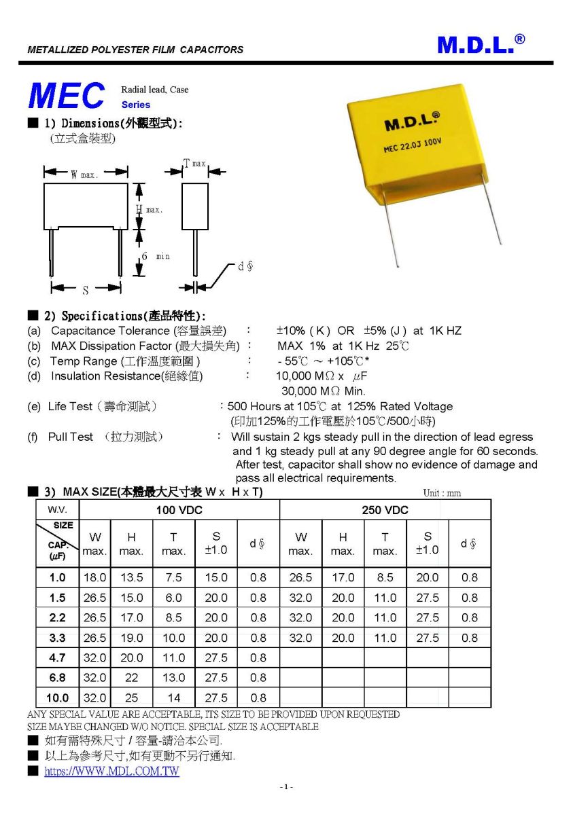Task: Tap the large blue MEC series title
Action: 67,96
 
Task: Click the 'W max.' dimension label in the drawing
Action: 84,175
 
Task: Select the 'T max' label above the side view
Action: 194,164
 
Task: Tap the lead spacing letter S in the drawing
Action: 86,291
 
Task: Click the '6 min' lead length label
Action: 155,256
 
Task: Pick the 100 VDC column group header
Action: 179,510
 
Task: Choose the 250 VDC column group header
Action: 385,510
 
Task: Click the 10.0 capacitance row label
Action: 57,698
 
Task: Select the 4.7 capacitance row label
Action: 57,657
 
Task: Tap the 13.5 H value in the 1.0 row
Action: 131,578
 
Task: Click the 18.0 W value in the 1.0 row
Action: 94,578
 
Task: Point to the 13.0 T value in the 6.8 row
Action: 173,678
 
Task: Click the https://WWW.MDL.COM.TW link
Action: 112,772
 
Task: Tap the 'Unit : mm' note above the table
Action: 441,493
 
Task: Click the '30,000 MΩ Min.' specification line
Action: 323,391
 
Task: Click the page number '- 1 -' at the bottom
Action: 286,787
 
